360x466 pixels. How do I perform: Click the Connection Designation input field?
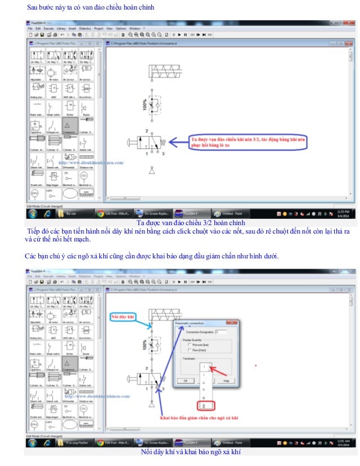click(x=221, y=332)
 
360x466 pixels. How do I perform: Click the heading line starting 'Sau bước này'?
click(x=90, y=7)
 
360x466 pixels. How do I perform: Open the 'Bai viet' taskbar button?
click(x=71, y=214)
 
